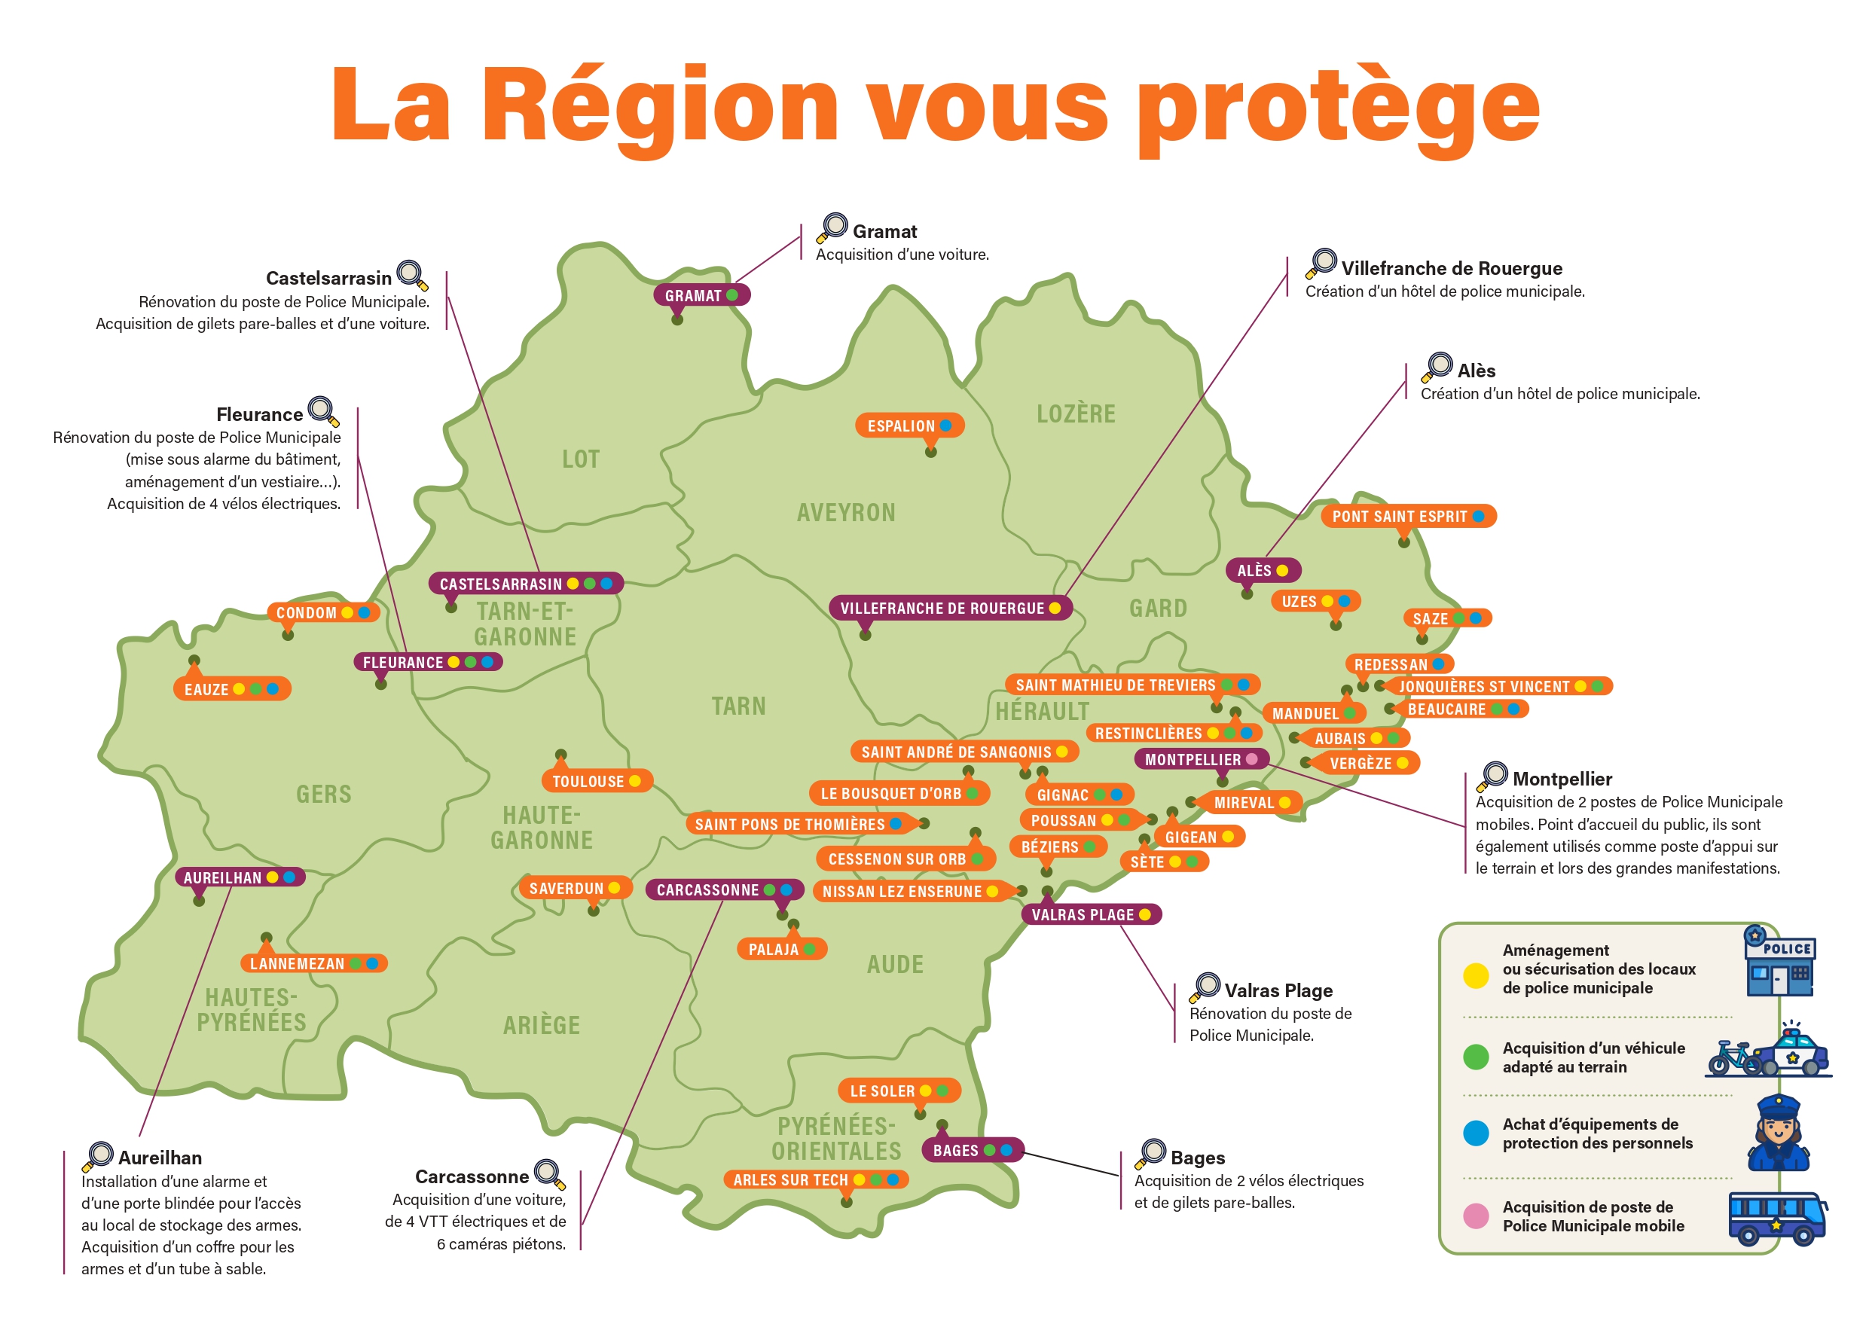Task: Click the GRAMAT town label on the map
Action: pos(694,295)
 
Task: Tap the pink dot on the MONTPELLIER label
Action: pos(1252,759)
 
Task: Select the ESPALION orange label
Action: pos(902,426)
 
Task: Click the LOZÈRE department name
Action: pos(1075,413)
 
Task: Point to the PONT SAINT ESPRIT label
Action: pos(1400,516)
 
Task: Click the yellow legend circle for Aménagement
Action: pos(1476,976)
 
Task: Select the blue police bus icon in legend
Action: pos(1777,1219)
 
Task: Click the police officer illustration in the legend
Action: pos(1779,1132)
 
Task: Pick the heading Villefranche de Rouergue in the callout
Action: pos(1452,269)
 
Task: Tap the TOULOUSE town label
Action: pos(588,781)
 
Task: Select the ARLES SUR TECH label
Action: pos(790,1179)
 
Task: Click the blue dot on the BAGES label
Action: pos(1007,1150)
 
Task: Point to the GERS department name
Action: pos(324,794)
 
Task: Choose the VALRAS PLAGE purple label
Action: pos(1083,915)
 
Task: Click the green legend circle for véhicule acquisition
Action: pos(1476,1057)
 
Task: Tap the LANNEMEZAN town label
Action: pos(297,964)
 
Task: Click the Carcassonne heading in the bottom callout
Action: pos(472,1177)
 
